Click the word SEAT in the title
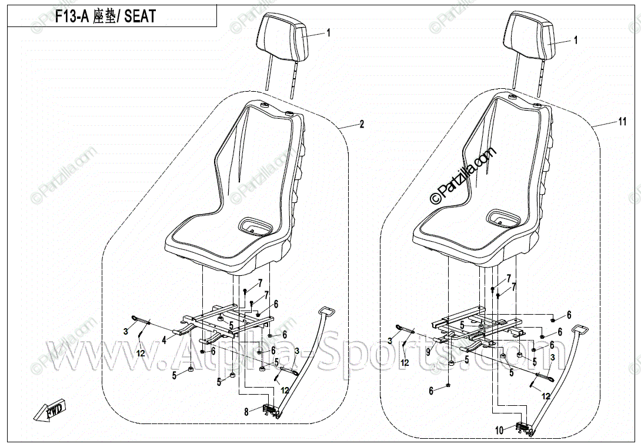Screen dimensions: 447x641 [x=140, y=16]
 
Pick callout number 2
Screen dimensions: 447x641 [x=362, y=124]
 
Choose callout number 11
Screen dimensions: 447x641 [x=622, y=122]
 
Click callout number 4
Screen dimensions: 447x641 [x=164, y=339]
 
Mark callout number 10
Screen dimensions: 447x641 [x=499, y=431]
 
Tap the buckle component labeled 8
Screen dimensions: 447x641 [x=269, y=410]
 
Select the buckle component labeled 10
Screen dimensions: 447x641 [x=522, y=428]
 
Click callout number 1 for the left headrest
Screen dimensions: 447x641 [x=329, y=33]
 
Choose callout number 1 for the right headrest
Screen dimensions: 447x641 [x=576, y=41]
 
